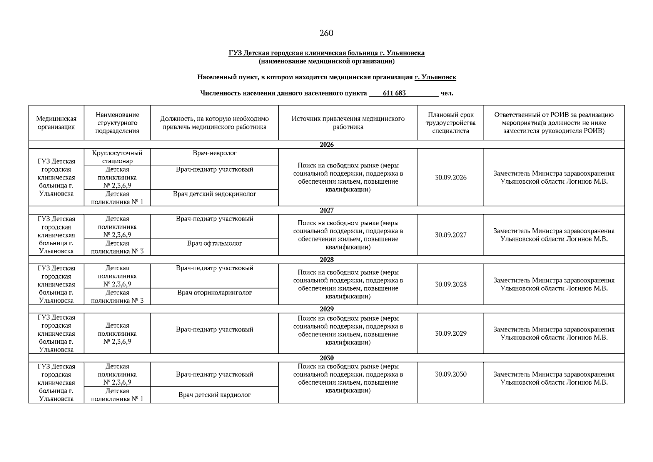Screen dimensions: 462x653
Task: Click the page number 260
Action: pyautogui.click(x=326, y=33)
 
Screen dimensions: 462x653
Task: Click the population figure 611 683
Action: pyautogui.click(x=394, y=93)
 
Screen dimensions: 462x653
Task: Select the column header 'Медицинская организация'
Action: pyautogui.click(x=56, y=123)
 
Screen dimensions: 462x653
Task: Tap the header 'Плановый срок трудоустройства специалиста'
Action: pyautogui.click(x=450, y=123)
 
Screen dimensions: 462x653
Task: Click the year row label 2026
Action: pyautogui.click(x=326, y=145)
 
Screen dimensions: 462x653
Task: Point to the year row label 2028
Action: pyautogui.click(x=326, y=259)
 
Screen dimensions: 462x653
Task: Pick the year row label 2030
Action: pyautogui.click(x=326, y=358)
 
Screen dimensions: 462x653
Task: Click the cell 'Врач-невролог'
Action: pyautogui.click(x=214, y=153)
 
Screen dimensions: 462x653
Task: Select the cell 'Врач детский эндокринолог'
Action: pyautogui.click(x=214, y=194)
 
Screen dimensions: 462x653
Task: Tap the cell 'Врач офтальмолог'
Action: pyautogui.click(x=214, y=243)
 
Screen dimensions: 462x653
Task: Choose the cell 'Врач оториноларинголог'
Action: pyautogui.click(x=214, y=293)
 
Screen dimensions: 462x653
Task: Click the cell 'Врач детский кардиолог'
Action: pyautogui.click(x=214, y=395)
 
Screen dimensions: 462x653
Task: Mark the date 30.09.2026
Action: pyautogui.click(x=451, y=177)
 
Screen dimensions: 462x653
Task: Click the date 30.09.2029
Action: pyautogui.click(x=451, y=333)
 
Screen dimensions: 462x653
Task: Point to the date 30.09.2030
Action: pyautogui.click(x=451, y=374)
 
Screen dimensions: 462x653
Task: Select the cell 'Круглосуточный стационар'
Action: pyautogui.click(x=117, y=157)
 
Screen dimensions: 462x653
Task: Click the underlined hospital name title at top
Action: pyautogui.click(x=326, y=53)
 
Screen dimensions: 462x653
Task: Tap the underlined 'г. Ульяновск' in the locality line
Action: pyautogui.click(x=435, y=77)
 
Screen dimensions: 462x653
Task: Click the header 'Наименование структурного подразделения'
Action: pyautogui.click(x=117, y=123)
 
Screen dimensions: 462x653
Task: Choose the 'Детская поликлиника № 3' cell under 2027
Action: pyautogui.click(x=117, y=247)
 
